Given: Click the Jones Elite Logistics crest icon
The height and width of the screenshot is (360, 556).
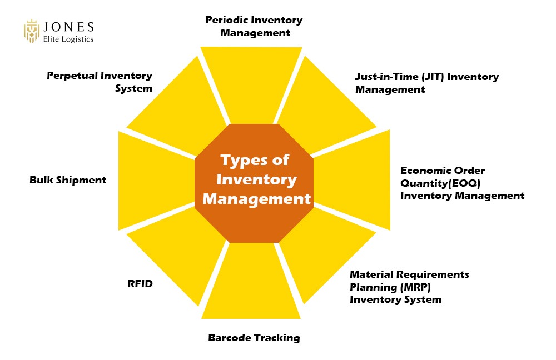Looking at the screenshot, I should coord(32,32).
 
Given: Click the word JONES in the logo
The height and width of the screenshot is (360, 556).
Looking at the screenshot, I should coord(68,27).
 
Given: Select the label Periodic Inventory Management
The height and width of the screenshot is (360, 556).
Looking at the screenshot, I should coord(254,26).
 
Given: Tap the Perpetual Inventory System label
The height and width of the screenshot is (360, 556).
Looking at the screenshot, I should coord(99,82).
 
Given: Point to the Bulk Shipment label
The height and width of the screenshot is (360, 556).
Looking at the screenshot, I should coord(68,180).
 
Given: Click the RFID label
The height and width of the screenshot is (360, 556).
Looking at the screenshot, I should coord(140,284).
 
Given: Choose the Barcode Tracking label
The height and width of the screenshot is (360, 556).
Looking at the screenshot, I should coord(254,337).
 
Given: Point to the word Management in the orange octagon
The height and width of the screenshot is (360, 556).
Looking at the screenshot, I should coord(254,198).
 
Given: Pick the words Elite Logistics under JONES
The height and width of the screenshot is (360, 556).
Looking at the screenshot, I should coord(68,39).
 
